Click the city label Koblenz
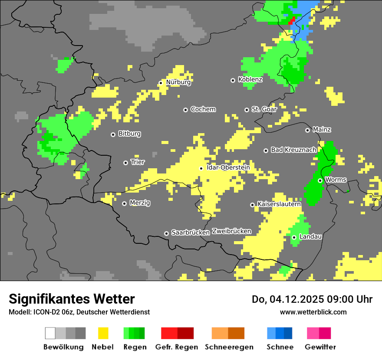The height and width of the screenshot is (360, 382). [x=250, y=79]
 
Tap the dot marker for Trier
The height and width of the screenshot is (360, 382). [x=126, y=163]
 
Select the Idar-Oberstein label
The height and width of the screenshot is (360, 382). [x=228, y=167]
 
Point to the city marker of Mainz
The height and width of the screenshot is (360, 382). [x=308, y=130]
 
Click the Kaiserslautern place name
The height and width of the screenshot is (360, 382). [x=279, y=204]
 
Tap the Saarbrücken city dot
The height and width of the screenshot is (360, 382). [x=166, y=233]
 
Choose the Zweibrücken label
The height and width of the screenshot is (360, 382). [x=231, y=231]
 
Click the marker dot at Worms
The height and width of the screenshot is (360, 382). [x=320, y=180]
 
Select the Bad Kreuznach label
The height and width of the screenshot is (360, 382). [x=293, y=150]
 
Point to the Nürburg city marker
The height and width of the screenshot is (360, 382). [x=161, y=82]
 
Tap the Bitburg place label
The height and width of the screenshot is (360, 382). [x=129, y=134]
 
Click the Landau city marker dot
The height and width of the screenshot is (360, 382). [x=294, y=237]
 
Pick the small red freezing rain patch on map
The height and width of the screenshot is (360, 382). [x=291, y=20]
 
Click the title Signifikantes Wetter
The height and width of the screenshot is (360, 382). [x=72, y=299]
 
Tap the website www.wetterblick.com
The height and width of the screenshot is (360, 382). [x=313, y=312]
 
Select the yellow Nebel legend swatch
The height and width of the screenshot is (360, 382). [x=103, y=333]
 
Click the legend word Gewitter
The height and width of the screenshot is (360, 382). [x=320, y=347]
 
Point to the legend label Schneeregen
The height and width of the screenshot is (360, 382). [x=229, y=347]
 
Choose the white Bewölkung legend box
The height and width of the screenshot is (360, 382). [x=50, y=333]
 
